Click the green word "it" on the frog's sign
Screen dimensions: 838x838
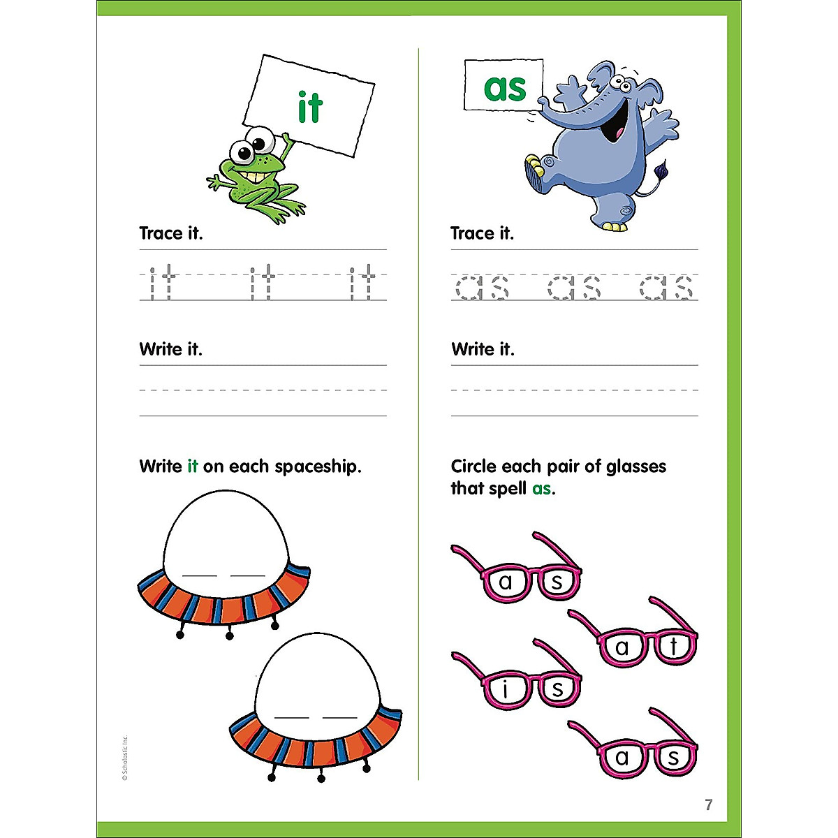coord(310,107)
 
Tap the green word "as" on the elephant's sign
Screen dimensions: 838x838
coord(504,87)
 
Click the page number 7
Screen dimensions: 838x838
coord(709,804)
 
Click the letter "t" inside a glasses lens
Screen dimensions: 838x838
coord(673,647)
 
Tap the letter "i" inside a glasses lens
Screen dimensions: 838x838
coord(506,690)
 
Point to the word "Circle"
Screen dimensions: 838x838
coord(473,466)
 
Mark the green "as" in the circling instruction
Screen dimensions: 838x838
coord(541,489)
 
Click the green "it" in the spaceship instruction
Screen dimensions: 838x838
coord(193,466)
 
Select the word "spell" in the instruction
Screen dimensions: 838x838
coord(508,489)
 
